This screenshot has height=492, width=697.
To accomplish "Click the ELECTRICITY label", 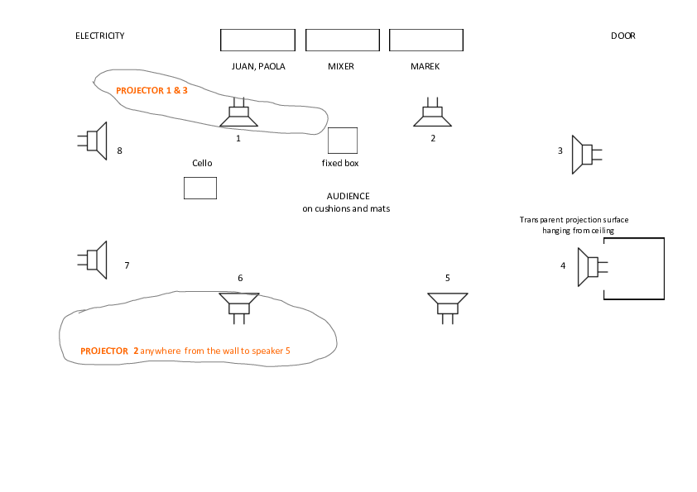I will [x=100, y=36].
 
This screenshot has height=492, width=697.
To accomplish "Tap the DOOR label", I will [x=623, y=36].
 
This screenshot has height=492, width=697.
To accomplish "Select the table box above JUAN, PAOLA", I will [x=257, y=40].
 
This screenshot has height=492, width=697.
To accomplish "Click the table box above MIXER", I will [x=342, y=40].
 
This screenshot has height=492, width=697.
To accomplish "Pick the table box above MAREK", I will [x=425, y=40].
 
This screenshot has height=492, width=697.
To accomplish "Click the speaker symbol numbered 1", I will [x=238, y=115].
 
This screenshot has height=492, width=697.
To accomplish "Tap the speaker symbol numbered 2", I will [x=432, y=115].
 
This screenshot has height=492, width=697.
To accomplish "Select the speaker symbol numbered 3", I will [x=584, y=155].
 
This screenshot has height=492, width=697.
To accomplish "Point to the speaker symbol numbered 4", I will [x=592, y=267].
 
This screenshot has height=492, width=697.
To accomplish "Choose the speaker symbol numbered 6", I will [x=239, y=304].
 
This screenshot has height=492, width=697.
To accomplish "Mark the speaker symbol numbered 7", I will [x=95, y=260].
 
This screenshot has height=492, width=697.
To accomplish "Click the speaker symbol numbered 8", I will [x=95, y=141].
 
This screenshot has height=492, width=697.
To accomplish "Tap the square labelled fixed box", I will [x=343, y=141].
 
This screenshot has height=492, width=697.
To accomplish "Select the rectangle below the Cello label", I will [x=199, y=188].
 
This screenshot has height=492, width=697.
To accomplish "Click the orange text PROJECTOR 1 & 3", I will [x=152, y=90].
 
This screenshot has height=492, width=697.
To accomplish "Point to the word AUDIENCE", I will [x=348, y=196].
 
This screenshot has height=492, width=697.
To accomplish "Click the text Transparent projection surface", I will [x=574, y=220].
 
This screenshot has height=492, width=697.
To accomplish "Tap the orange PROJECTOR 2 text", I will [x=109, y=351].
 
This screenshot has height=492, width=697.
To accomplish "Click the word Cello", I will [x=202, y=163].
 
